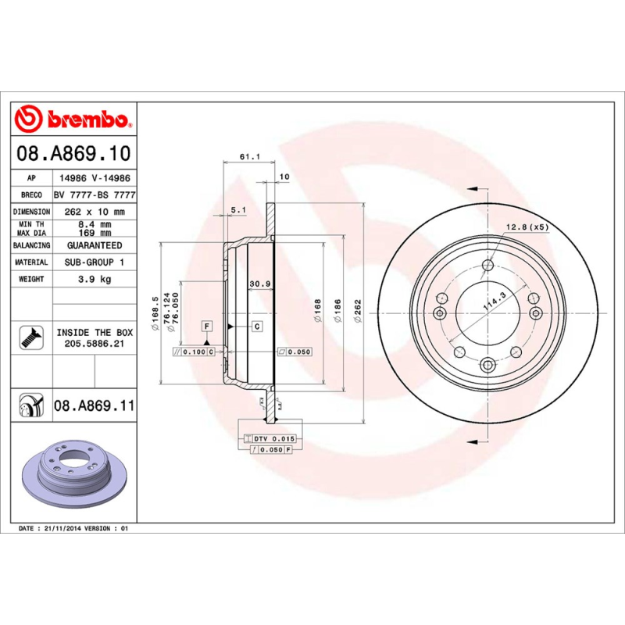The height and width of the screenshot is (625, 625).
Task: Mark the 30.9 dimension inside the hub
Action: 259,284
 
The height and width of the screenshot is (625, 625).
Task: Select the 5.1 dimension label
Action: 239,209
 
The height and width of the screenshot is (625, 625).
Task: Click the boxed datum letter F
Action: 207,325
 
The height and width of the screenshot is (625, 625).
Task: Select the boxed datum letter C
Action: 256,325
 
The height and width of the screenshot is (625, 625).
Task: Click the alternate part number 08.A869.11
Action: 95,406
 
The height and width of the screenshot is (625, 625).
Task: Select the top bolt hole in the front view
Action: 488,265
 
